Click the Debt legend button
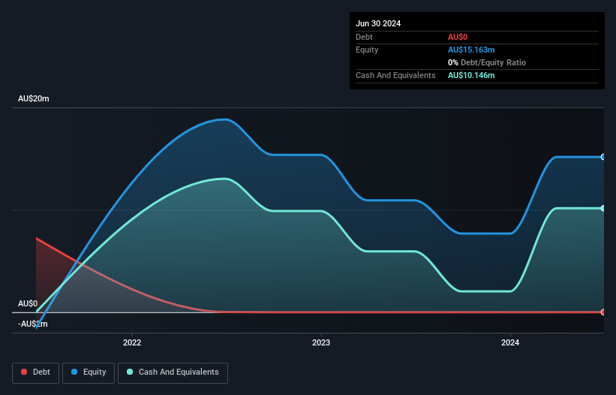pyautogui.click(x=35, y=372)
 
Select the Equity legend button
pyautogui.click(x=89, y=372)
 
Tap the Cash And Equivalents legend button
pyautogui.click(x=173, y=372)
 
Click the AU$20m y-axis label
pyautogui.click(x=33, y=99)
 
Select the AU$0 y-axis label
pyautogui.click(x=28, y=303)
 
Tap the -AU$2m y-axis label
pyautogui.click(x=33, y=324)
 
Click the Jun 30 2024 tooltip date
pyautogui.click(x=378, y=23)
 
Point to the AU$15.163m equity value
pyautogui.click(x=471, y=50)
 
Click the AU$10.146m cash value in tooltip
pyautogui.click(x=471, y=75)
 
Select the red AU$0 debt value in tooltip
pyautogui.click(x=458, y=37)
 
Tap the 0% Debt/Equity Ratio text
pyautogui.click(x=486, y=62)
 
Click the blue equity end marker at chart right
pyautogui.click(x=603, y=157)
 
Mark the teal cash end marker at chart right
pyautogui.click(x=603, y=208)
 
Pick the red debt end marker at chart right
pyautogui.click(x=603, y=312)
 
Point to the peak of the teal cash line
pyautogui.click(x=224, y=179)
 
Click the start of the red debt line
pyautogui.click(x=36, y=238)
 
